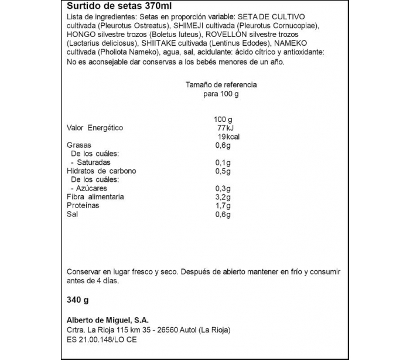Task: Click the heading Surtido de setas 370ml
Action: pos(111,6)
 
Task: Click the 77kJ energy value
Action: pos(224,128)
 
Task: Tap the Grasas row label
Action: pos(78,145)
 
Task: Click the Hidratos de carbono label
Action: pos(101,171)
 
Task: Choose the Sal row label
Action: pos(72,215)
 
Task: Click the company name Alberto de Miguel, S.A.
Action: pos(108,320)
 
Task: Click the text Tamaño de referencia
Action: pos(221,85)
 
